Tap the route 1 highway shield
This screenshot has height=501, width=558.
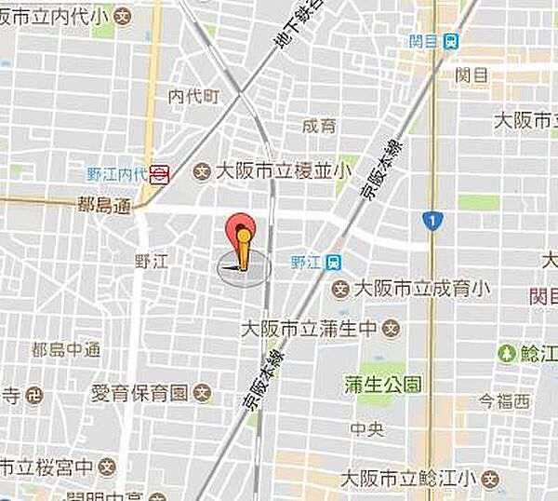pyautogui.click(x=430, y=221)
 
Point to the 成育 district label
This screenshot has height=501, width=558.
pyautogui.click(x=319, y=125)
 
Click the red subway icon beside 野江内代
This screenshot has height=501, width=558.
pyautogui.click(x=161, y=172)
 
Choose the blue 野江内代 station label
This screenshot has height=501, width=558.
pyautogui.click(x=116, y=173)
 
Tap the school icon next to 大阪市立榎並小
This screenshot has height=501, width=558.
pyautogui.click(x=201, y=171)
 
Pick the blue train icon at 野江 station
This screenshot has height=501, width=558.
pyautogui.click(x=332, y=263)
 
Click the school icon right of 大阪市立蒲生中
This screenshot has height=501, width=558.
pyautogui.click(x=392, y=328)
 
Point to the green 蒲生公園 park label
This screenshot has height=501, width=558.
pyautogui.click(x=382, y=383)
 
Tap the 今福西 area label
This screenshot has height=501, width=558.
pyautogui.click(x=504, y=402)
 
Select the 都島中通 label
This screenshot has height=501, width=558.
pyautogui.click(x=65, y=350)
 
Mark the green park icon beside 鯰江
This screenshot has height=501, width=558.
pyautogui.click(x=507, y=353)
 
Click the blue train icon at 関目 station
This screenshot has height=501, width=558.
pyautogui.click(x=451, y=41)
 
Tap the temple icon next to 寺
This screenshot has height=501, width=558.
pyautogui.click(x=34, y=394)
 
